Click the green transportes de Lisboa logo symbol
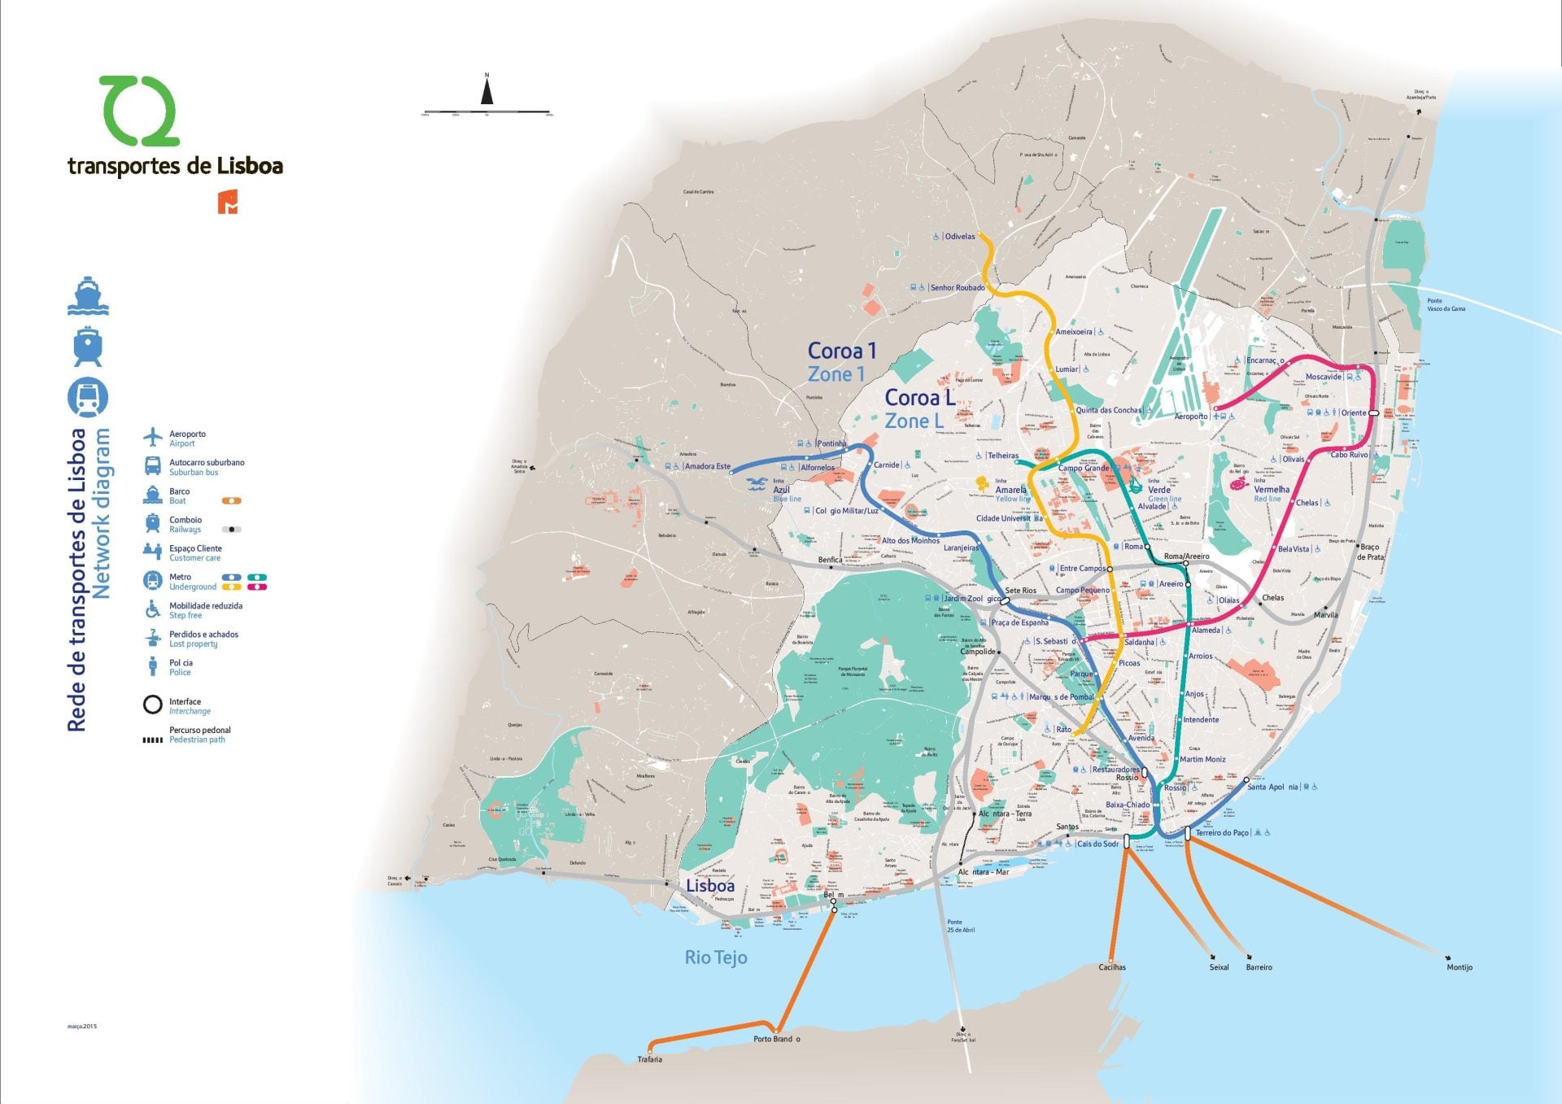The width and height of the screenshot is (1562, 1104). (138, 111)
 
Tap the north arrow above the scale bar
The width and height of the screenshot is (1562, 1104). (486, 90)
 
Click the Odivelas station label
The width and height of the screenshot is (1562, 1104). (959, 237)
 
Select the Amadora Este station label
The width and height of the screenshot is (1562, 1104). (707, 466)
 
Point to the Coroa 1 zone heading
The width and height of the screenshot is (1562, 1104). (841, 351)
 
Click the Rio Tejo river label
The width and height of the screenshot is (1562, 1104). (715, 958)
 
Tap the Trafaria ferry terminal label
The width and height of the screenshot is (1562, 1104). (649, 1059)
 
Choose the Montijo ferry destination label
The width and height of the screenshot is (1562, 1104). (1459, 967)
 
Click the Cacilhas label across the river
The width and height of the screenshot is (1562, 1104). (1111, 967)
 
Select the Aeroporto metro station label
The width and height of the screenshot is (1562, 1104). (1190, 417)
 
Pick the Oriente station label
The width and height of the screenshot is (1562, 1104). (1353, 413)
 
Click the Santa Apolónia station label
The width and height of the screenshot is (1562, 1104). (1273, 787)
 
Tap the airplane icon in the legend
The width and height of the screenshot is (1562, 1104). (153, 438)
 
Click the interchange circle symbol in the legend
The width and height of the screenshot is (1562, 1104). (153, 705)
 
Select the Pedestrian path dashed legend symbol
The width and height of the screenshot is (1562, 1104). (153, 740)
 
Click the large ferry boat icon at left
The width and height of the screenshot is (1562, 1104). (88, 296)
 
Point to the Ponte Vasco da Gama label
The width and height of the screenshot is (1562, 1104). (1446, 304)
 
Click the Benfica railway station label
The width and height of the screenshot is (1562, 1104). (829, 560)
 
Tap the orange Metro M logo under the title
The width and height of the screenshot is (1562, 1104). (229, 203)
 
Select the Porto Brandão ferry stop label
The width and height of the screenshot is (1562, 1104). (776, 1039)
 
